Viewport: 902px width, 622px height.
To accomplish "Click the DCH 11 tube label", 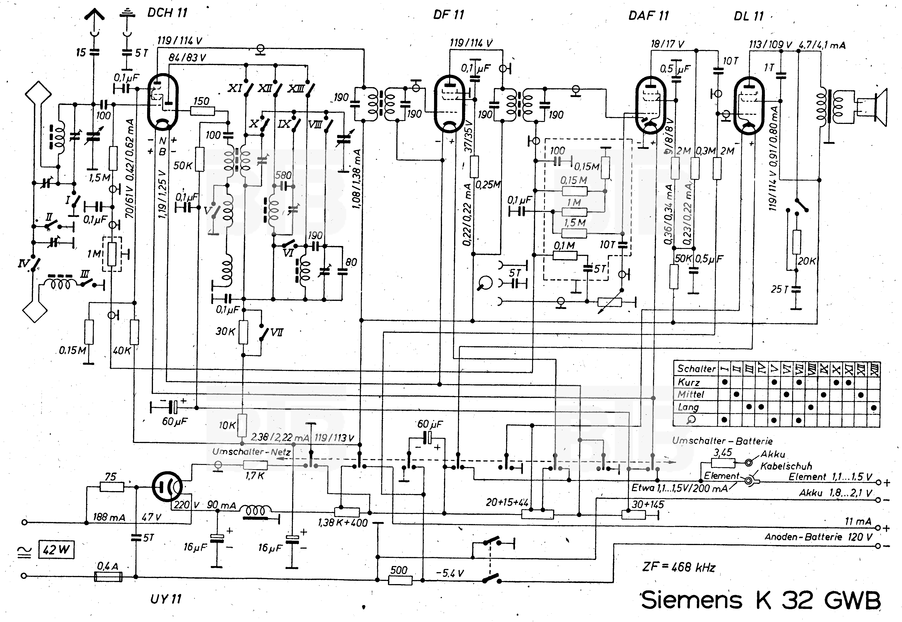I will pyautogui.click(x=167, y=13).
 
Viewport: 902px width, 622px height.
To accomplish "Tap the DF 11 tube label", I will pyautogui.click(x=449, y=15).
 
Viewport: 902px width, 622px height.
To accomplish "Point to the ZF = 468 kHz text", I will pyautogui.click(x=679, y=567).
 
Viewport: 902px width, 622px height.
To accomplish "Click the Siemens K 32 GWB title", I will pyautogui.click(x=761, y=600).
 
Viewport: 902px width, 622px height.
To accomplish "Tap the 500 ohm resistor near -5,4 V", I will pyautogui.click(x=400, y=580).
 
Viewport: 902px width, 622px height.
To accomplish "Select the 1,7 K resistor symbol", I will pyautogui.click(x=255, y=465).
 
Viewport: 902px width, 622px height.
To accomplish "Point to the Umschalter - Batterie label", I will pyautogui.click(x=722, y=441).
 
